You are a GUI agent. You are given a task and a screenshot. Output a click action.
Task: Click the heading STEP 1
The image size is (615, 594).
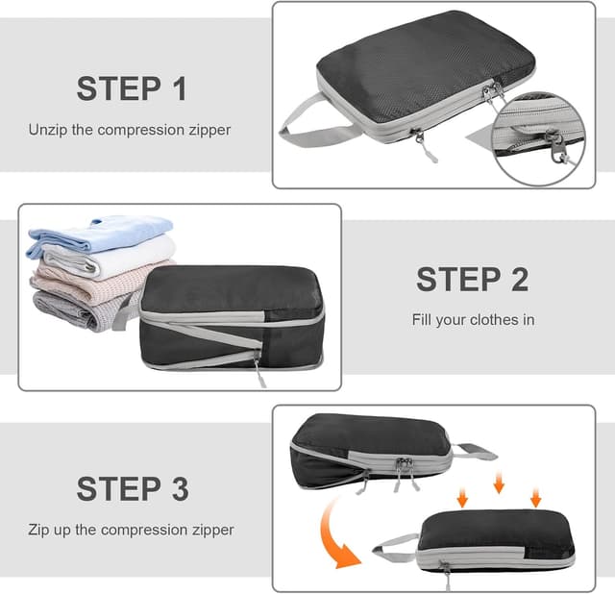click(x=131, y=88)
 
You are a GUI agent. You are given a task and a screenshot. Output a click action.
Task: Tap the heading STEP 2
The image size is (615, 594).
click(x=472, y=280)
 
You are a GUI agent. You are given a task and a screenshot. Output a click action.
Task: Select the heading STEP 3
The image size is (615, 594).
click(x=131, y=488)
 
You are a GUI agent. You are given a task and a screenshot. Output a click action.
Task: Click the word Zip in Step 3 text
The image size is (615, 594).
click(x=38, y=530)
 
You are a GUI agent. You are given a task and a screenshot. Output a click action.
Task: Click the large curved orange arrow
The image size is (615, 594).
click(x=332, y=533)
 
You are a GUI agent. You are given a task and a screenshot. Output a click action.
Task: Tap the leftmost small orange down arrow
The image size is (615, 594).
click(x=462, y=498)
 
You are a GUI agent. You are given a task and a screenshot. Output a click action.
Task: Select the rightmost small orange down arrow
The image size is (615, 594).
click(x=536, y=497)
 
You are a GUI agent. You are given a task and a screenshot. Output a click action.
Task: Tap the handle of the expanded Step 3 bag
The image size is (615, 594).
click(x=476, y=451)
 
